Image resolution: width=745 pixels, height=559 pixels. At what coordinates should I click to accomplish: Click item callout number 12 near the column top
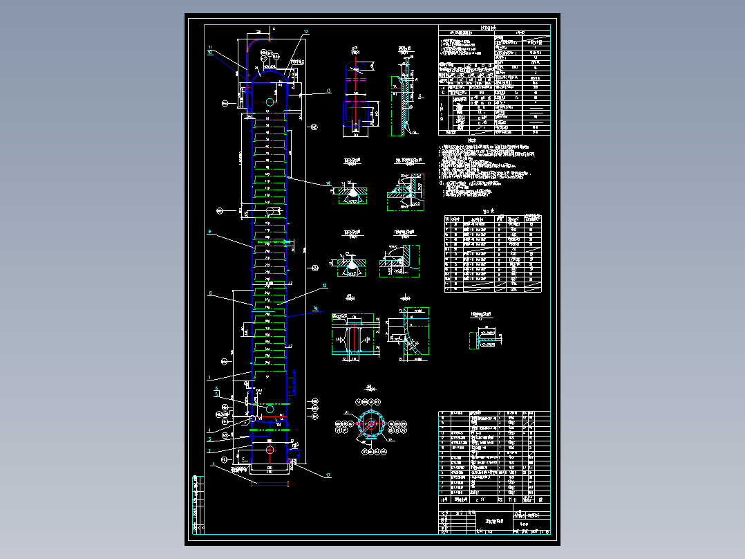(x=305, y=32)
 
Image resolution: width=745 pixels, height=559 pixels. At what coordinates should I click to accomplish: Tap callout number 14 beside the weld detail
(x=329, y=183)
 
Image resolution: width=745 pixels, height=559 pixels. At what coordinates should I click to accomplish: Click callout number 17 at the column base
(x=328, y=475)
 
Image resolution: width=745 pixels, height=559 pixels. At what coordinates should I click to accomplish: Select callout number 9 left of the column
(x=209, y=232)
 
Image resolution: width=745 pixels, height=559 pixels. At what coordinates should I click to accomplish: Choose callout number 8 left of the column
(x=209, y=293)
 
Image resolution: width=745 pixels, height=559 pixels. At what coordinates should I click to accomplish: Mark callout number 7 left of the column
(x=209, y=378)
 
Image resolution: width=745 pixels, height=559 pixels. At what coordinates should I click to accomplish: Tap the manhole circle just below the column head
(x=270, y=102)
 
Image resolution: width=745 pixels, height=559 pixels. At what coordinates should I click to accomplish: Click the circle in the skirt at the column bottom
(x=270, y=450)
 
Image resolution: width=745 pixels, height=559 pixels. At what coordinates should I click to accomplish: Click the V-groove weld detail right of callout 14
(x=352, y=191)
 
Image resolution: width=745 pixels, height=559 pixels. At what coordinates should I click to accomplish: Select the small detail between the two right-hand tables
(x=484, y=338)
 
